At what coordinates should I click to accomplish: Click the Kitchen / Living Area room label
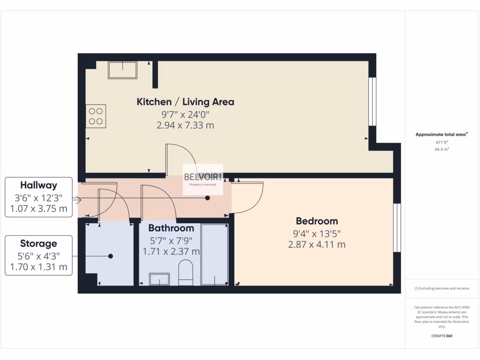pos(185,102)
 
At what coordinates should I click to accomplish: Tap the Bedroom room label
pos(316,221)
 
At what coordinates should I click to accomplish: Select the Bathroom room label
pos(171,228)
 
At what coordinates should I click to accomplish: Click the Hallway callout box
pos(38,197)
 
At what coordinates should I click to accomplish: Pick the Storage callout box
pos(38,255)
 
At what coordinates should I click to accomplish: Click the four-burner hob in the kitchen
pos(96,116)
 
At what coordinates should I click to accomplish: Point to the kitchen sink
pos(123,70)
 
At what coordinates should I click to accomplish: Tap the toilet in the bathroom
pos(186,274)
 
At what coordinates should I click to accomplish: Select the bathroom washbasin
pos(159,279)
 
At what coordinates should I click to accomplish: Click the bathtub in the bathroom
pos(215,254)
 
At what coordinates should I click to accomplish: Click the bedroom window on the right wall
pos(397,227)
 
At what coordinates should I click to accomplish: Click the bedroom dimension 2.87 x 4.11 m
pos(316,244)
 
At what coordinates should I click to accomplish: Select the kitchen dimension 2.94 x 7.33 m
pos(185,125)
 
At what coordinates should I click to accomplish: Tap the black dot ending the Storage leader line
pos(111,256)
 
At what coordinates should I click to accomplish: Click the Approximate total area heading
pos(441,135)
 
